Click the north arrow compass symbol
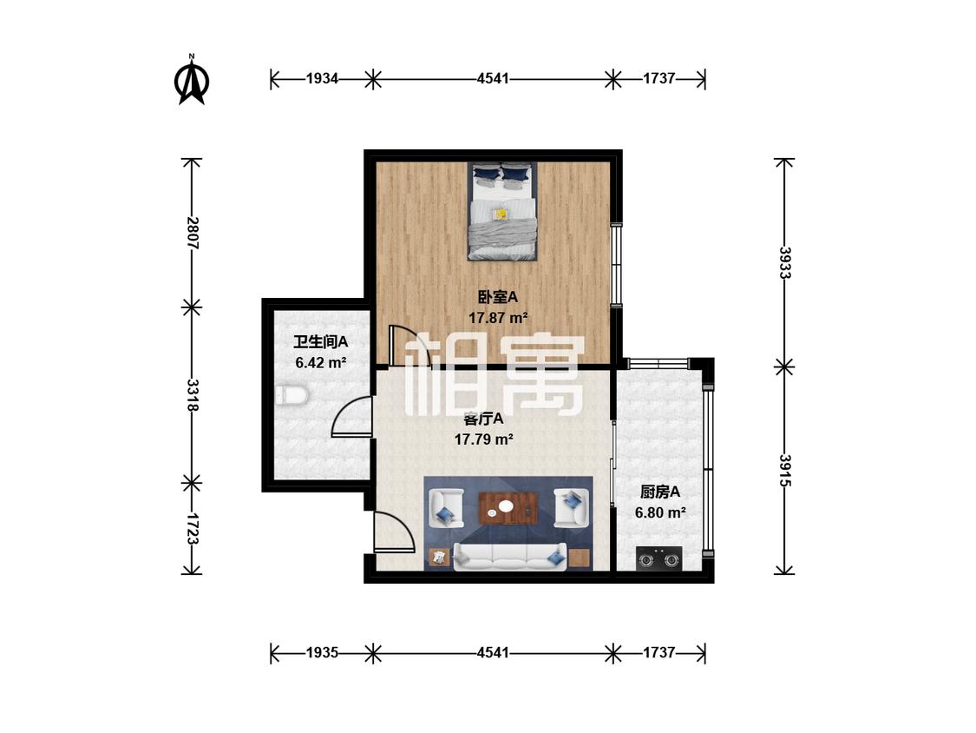pyautogui.click(x=192, y=80)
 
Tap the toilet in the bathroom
pyautogui.click(x=291, y=394)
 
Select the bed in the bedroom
pyautogui.click(x=503, y=211)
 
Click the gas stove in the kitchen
pyautogui.click(x=659, y=558)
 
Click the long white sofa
pyautogui.click(x=510, y=557)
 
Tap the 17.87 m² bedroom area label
pyautogui.click(x=498, y=318)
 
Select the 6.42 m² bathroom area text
pyautogui.click(x=320, y=362)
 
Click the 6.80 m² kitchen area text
pyautogui.click(x=660, y=513)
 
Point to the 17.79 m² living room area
pyautogui.click(x=483, y=439)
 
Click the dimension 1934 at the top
pyautogui.click(x=322, y=78)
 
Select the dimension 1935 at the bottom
pyautogui.click(x=322, y=652)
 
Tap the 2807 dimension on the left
pyautogui.click(x=192, y=233)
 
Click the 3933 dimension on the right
pyautogui.click(x=785, y=262)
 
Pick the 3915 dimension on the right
pyautogui.click(x=785, y=471)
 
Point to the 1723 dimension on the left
pyautogui.click(x=192, y=529)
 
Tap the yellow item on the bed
pyautogui.click(x=500, y=214)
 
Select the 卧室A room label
pyautogui.click(x=498, y=297)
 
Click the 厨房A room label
pyautogui.click(x=660, y=492)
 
